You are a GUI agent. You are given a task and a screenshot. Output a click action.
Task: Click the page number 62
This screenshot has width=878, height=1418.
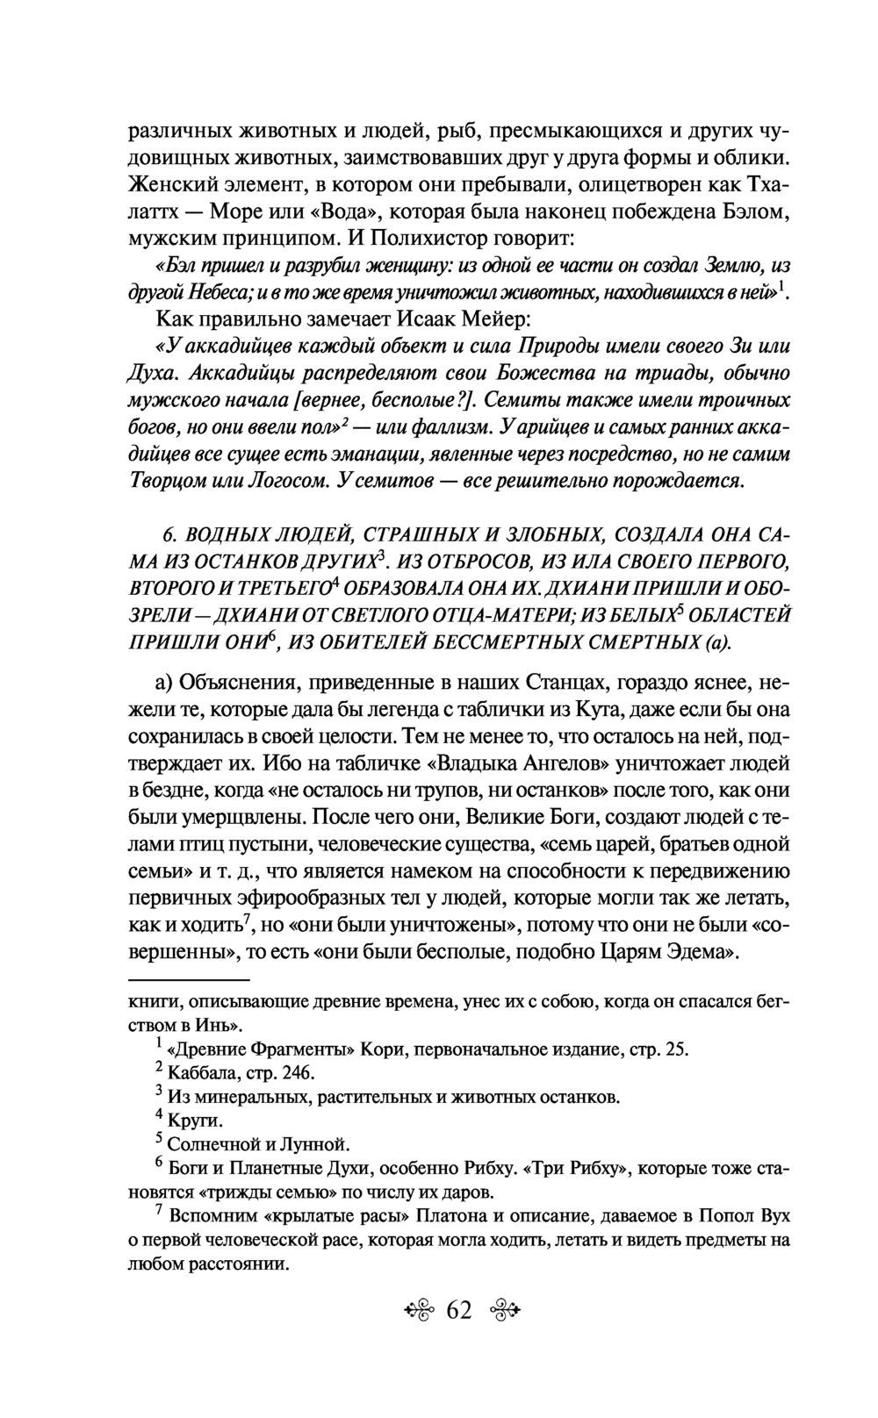coord(459,1310)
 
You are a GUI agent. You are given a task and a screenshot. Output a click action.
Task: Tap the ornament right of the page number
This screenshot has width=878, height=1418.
coord(501,1311)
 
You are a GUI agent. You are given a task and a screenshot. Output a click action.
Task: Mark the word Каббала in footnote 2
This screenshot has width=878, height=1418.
coord(199,1073)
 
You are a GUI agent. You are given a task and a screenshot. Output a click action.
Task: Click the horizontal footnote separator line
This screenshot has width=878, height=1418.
coord(189,979)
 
